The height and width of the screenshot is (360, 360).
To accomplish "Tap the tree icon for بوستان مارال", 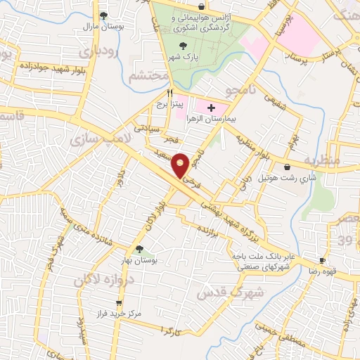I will tap(103, 15).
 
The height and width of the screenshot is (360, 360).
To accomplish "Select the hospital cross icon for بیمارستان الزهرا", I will tap(212, 107).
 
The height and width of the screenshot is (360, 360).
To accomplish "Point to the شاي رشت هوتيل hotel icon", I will tap(288, 167).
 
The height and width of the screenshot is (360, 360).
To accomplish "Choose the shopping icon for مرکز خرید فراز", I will tap(119, 303).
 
